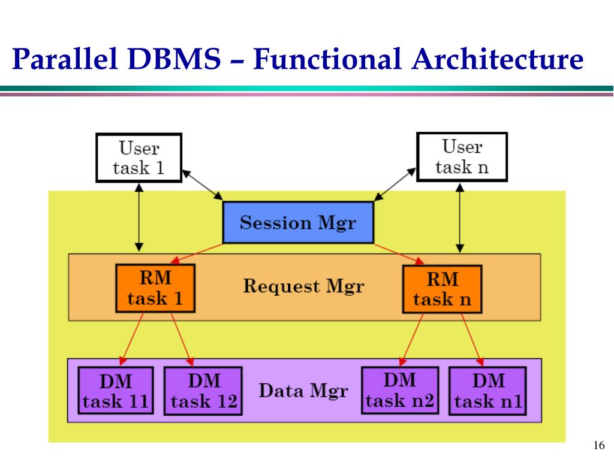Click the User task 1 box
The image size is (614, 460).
[139, 157]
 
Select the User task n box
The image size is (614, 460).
[462, 156]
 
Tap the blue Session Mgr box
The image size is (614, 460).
[298, 223]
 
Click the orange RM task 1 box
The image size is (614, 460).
[155, 289]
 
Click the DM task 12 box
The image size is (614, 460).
[203, 391]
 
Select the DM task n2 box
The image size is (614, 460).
[400, 390]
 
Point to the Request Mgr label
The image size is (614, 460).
[303, 286]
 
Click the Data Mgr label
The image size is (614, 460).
[303, 391]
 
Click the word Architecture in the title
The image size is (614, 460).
[498, 60]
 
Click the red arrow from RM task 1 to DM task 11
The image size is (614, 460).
[132, 337]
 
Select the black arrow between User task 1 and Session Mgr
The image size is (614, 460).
[202, 185]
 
